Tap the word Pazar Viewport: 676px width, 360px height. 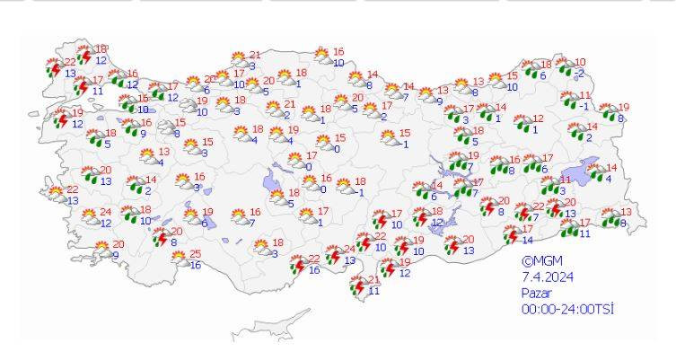[538, 293]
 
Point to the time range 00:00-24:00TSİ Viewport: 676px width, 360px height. [567, 309]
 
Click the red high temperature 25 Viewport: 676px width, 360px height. [195, 255]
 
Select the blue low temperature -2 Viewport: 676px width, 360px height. [580, 73]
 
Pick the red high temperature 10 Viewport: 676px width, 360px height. [580, 62]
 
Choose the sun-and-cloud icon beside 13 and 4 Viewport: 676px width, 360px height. [147, 157]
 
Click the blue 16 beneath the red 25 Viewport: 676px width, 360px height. [195, 266]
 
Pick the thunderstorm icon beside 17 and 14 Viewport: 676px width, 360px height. [511, 234]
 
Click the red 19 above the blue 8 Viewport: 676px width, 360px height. [624, 108]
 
